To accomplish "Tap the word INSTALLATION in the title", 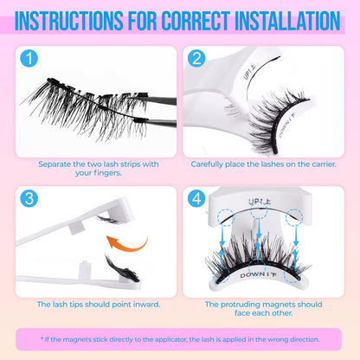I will point(278,18).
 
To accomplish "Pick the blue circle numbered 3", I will point(30,197).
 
